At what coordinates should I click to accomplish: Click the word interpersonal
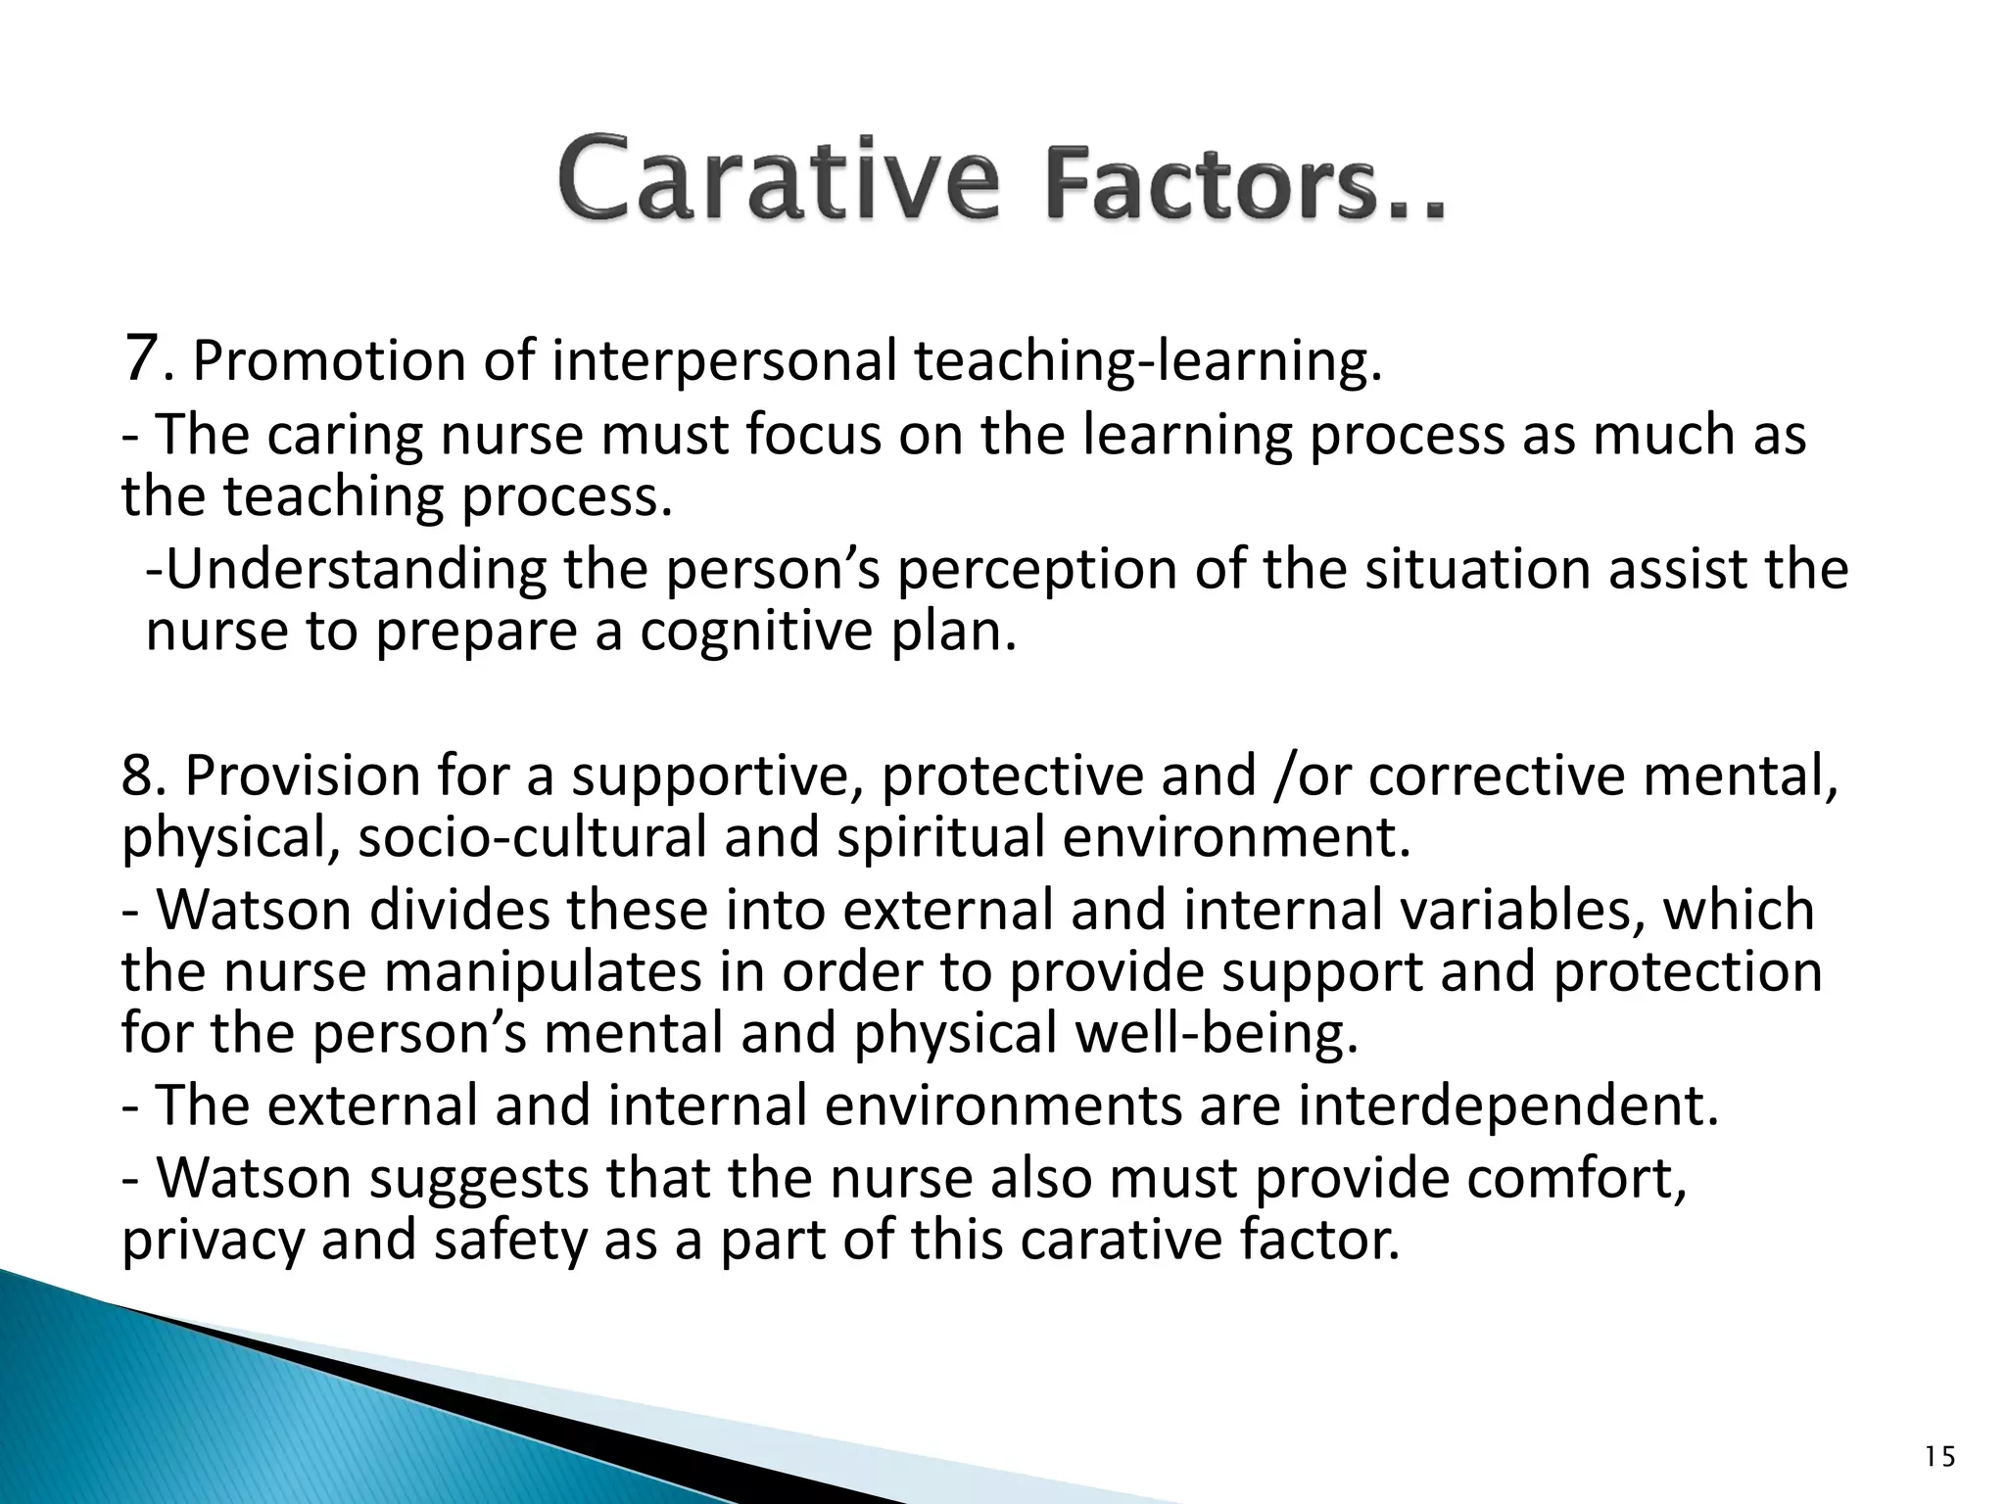tap(725, 361)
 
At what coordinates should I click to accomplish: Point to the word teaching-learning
tap(1146, 361)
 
